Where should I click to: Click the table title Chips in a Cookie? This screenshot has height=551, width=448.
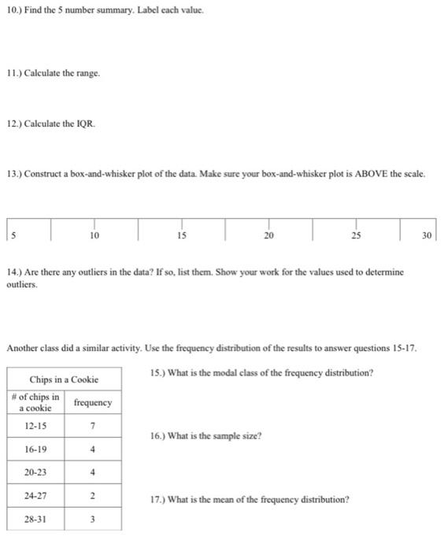(65, 379)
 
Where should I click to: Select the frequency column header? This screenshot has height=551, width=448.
(93, 402)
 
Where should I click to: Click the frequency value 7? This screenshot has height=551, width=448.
(93, 426)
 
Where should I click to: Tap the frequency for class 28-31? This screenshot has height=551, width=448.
(93, 521)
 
